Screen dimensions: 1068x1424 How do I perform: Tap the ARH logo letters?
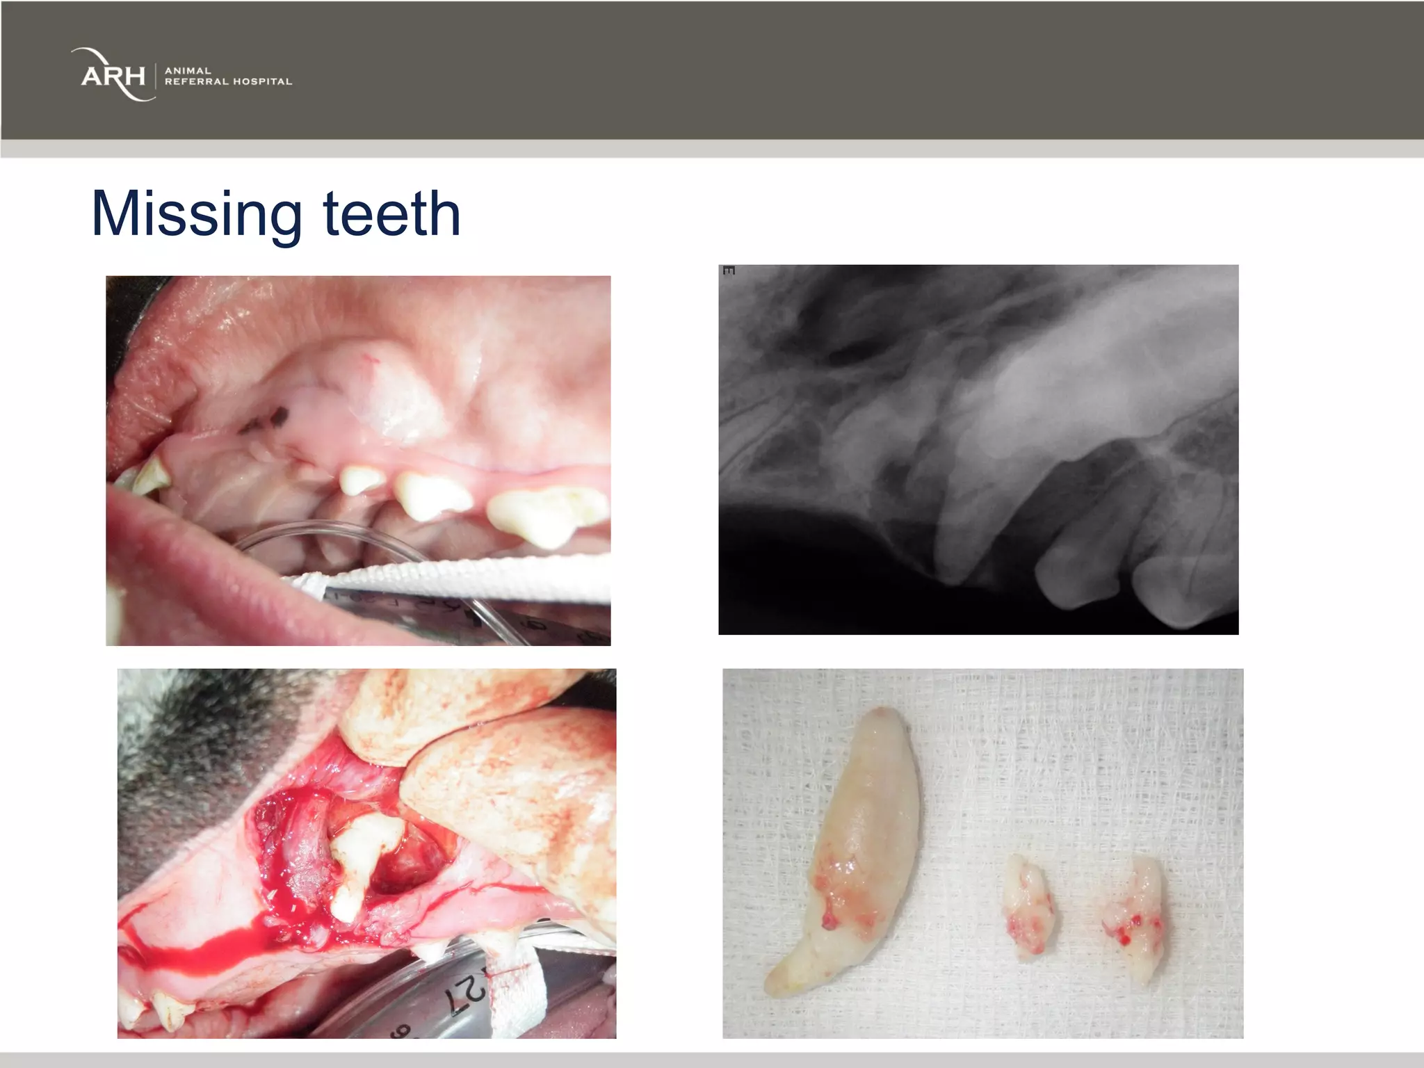click(x=113, y=75)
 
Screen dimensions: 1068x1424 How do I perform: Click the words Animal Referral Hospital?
click(x=228, y=76)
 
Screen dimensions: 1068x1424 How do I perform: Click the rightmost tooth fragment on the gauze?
click(x=1134, y=918)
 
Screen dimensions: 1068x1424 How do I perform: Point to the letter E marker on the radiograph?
click(x=728, y=270)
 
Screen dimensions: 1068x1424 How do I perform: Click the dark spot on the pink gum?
click(x=278, y=416)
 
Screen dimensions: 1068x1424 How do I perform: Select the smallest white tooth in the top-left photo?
click(x=361, y=480)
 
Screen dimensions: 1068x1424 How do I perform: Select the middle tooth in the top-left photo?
click(x=431, y=495)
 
